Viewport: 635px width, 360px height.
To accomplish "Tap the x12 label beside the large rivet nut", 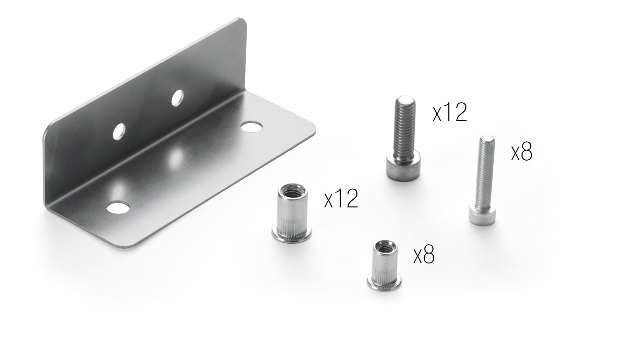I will point(341,199).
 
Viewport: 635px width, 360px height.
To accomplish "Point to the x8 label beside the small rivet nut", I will point(424,255).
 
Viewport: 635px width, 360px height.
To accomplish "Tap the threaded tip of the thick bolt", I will point(405,101).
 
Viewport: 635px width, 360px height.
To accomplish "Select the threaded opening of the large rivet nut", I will point(292,190).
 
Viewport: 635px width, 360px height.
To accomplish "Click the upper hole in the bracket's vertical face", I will point(177,97).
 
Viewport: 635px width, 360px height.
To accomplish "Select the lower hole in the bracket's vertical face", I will point(119,131).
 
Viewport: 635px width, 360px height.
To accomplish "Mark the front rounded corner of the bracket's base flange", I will point(129,244).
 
